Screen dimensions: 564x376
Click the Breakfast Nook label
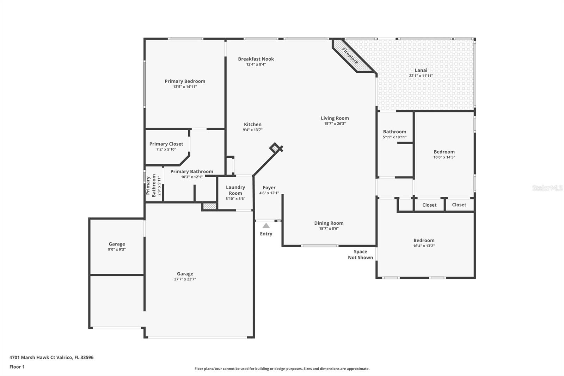tap(256, 59)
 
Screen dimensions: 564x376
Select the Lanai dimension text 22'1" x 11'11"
tap(421, 75)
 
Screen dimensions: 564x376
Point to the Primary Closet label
tap(166, 144)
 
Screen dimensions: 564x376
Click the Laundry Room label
tap(235, 190)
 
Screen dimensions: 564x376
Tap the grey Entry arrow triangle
tap(266, 225)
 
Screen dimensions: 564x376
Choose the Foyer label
tap(269, 188)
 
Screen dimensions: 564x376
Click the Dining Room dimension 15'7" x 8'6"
tap(329, 229)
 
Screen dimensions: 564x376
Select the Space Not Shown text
tap(360, 255)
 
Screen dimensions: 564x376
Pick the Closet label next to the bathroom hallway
tap(429, 205)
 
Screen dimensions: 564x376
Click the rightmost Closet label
tap(459, 205)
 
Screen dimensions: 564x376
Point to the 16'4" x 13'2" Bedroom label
tap(424, 241)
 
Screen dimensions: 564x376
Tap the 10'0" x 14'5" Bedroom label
tap(444, 152)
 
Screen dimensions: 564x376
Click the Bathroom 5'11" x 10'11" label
tap(394, 132)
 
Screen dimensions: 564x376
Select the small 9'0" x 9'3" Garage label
tap(117, 244)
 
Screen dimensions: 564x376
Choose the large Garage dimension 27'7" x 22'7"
tap(185, 279)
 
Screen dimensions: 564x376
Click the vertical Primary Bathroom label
tap(151, 186)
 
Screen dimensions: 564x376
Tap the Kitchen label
tap(252, 125)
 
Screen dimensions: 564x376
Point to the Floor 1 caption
tap(17, 367)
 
